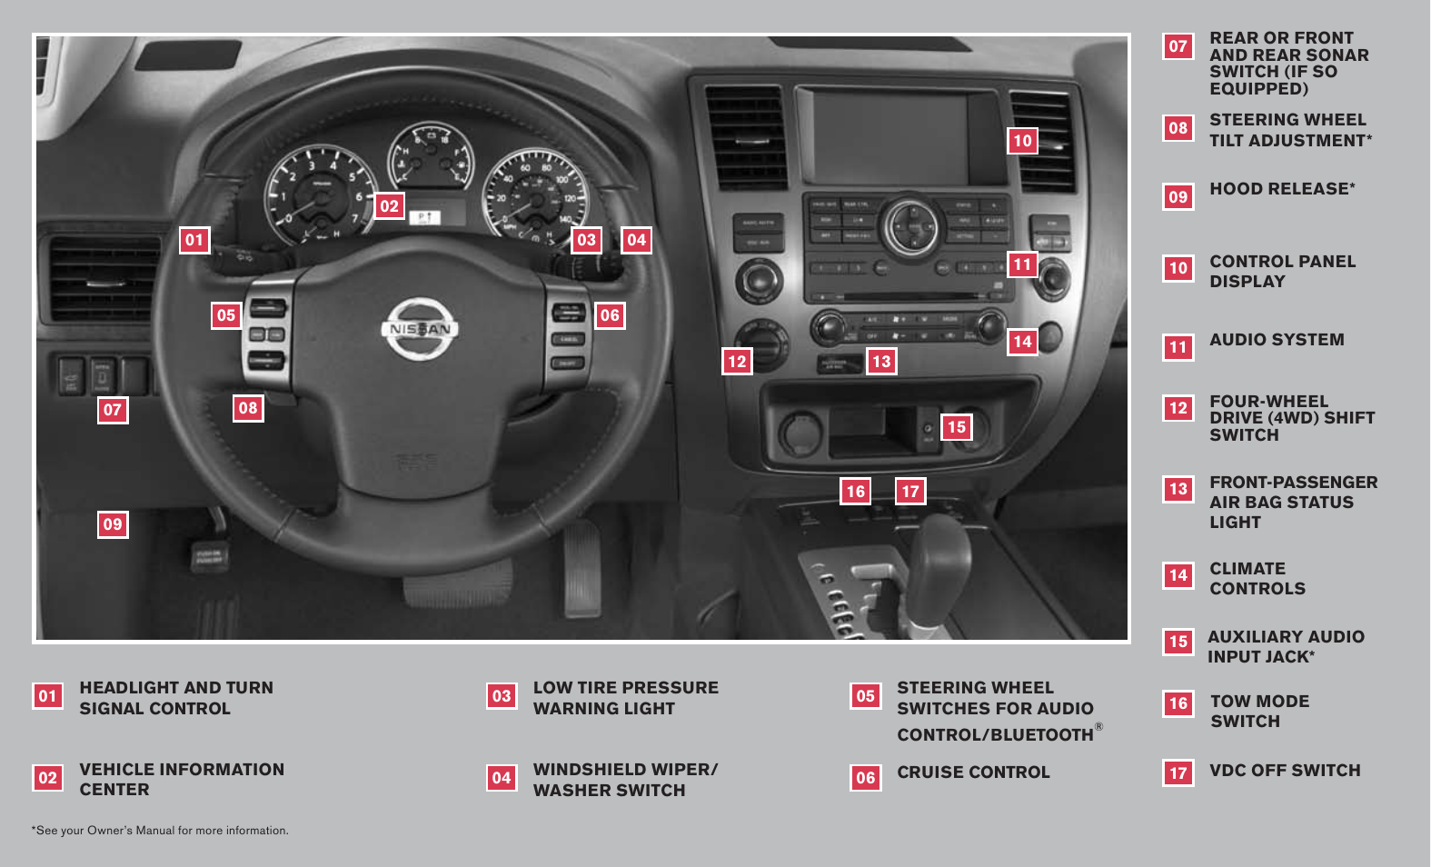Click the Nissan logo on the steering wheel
[419, 329]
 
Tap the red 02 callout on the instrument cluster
[390, 206]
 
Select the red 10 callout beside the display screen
[1023, 141]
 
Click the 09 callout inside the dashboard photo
[113, 524]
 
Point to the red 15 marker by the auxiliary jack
[957, 427]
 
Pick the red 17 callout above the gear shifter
[910, 492]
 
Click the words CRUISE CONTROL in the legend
[973, 772]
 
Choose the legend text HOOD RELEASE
[1281, 189]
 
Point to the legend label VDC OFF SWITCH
[1285, 771]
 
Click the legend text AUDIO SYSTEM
[1277, 340]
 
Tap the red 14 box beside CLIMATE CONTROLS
[1178, 575]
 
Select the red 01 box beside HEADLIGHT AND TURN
[48, 696]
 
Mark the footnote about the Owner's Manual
[161, 831]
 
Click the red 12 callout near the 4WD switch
[737, 362]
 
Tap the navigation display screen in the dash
[890, 136]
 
